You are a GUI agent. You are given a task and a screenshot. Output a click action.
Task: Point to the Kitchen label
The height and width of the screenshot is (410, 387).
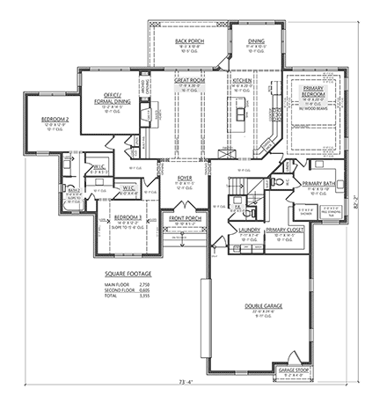click(242, 80)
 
